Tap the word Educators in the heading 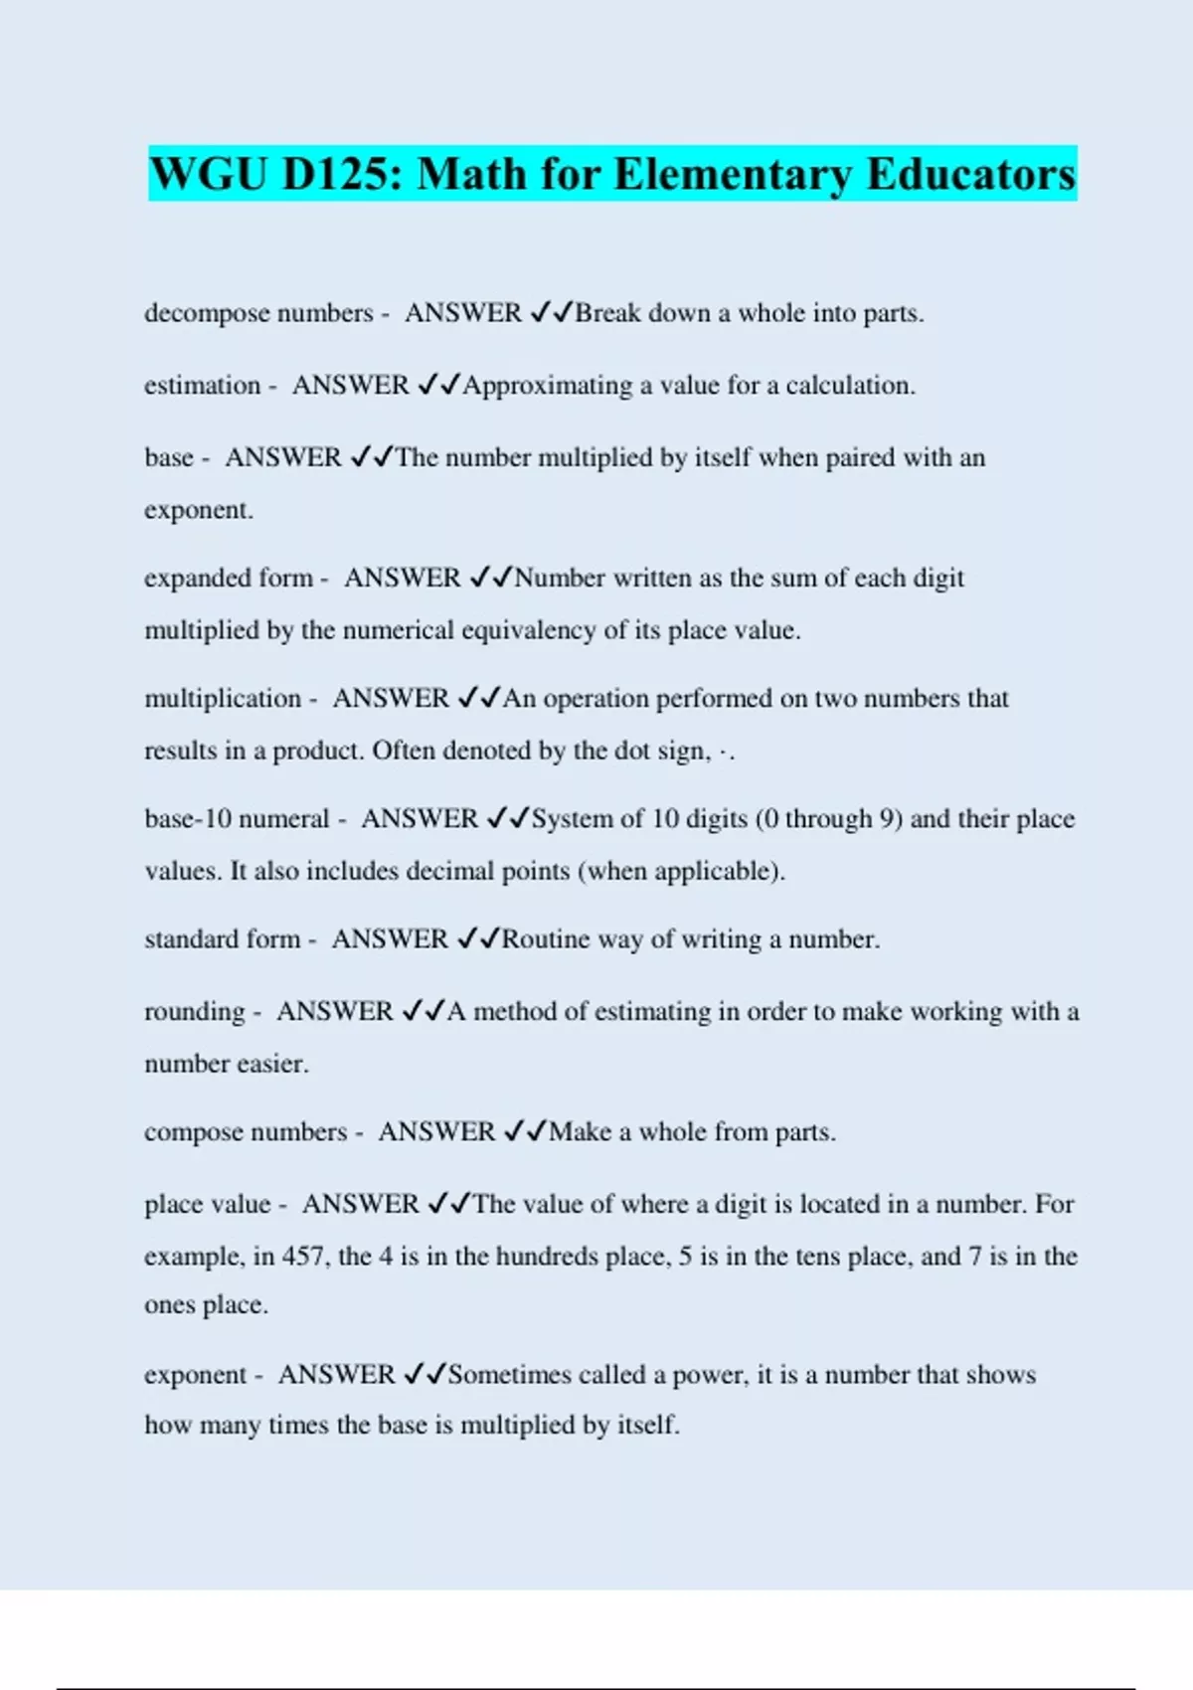pos(971,174)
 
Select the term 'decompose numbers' pos(258,313)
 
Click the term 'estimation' pos(202,386)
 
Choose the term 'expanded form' pos(228,579)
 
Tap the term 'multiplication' pos(223,699)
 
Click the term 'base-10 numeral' pos(237,819)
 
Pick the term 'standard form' pos(222,939)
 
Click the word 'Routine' pos(545,939)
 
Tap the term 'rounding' pos(194,1012)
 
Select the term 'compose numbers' pos(246,1132)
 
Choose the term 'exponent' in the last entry pos(195,1376)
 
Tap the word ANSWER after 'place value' pos(360,1205)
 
